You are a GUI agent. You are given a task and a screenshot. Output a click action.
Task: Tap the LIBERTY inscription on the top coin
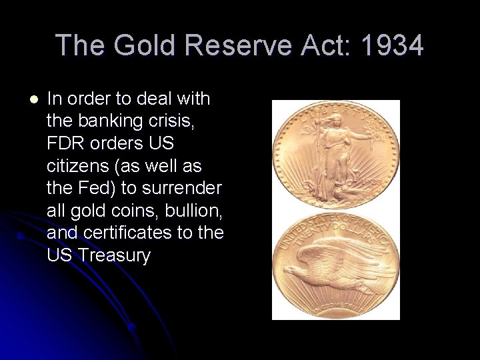coord(337,110)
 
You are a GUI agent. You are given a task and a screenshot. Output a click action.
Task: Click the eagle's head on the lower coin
coord(291,269)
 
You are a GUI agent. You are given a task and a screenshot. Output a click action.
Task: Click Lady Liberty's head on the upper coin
coord(331,121)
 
